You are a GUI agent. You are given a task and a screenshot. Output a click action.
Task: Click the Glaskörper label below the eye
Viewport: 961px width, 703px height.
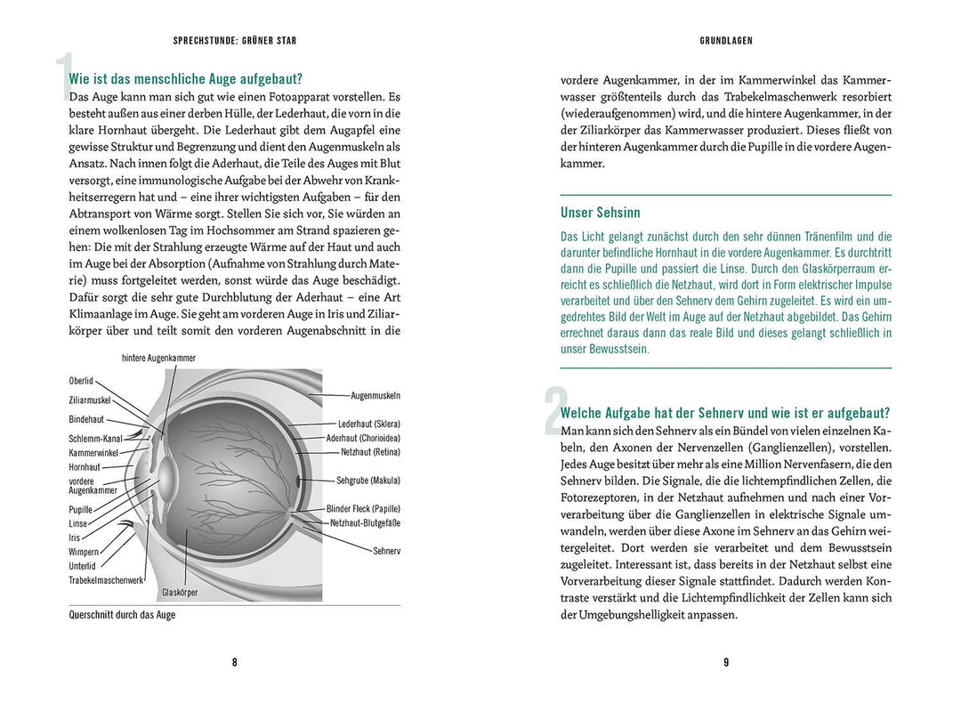[x=180, y=592]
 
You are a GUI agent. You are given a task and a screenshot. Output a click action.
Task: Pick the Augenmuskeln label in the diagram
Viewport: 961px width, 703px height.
[x=376, y=395]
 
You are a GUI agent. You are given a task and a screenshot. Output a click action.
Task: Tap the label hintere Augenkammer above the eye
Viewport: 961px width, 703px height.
[x=158, y=358]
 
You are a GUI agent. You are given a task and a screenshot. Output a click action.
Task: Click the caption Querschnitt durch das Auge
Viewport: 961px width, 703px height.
[x=122, y=615]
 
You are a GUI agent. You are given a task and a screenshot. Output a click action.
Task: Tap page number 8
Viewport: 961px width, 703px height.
[x=234, y=662]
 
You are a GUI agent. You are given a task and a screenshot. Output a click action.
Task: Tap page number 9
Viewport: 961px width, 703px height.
[x=726, y=662]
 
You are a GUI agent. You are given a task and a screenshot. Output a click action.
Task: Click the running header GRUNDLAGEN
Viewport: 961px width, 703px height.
[x=726, y=41]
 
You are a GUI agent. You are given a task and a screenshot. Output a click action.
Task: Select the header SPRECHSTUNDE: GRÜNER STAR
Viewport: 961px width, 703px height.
[x=234, y=41]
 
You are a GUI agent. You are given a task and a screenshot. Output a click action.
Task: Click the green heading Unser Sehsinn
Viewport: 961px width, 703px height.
[x=600, y=213]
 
